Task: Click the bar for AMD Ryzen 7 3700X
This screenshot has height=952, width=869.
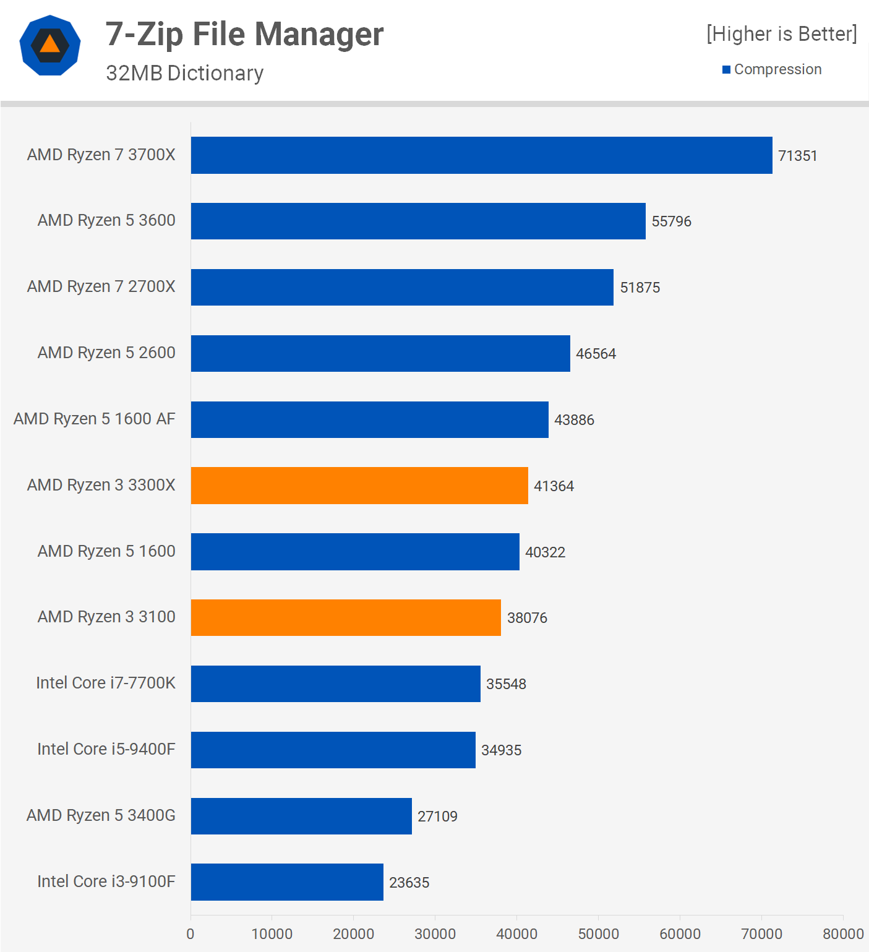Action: [481, 155]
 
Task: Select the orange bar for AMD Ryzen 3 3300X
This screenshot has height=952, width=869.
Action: [359, 486]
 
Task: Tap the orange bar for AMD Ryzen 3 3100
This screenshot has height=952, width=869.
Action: [346, 617]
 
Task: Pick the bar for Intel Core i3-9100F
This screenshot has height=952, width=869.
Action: [287, 882]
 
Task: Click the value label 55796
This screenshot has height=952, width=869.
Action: [671, 221]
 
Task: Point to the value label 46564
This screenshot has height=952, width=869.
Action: [596, 354]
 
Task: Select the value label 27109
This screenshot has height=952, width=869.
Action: [437, 817]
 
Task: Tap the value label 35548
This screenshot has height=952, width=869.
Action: [506, 684]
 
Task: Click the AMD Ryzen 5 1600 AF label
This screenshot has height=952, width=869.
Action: [95, 419]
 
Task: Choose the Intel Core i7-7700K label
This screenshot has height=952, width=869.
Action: [106, 683]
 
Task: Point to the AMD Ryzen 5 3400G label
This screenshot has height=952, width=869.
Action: [101, 815]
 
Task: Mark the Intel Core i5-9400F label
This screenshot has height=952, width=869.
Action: [106, 749]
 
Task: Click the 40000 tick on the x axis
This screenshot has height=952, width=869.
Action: [516, 934]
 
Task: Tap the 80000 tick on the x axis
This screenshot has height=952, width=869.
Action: [842, 934]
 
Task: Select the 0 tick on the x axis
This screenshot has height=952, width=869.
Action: [190, 934]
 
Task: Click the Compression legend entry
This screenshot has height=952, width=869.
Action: [777, 69]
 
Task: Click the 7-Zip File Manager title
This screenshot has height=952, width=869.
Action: [244, 34]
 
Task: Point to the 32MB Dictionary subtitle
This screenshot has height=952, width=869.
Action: [184, 73]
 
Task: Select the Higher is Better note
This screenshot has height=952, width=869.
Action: [781, 34]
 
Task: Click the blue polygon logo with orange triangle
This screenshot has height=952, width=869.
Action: [50, 45]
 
